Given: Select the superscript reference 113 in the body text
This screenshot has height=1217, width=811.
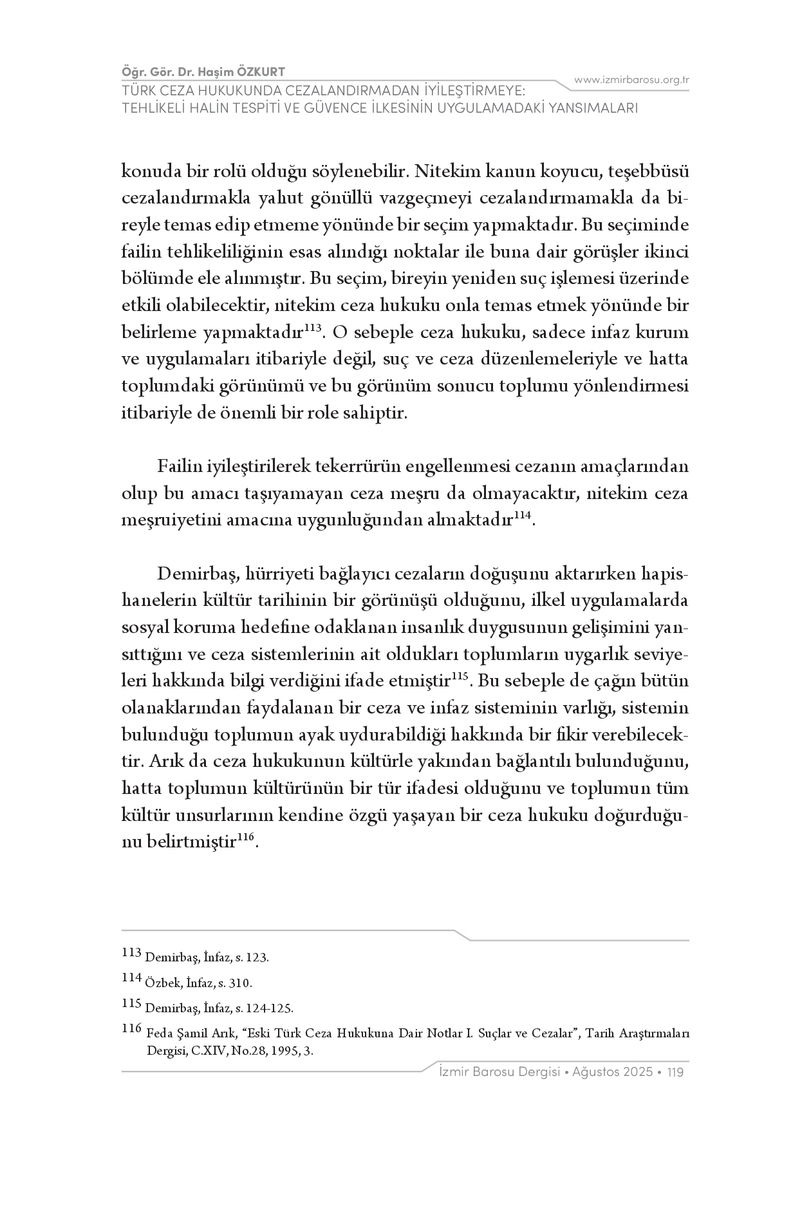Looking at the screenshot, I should tap(312, 328).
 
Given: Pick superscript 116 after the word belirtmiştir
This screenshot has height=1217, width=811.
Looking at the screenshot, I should tap(246, 836).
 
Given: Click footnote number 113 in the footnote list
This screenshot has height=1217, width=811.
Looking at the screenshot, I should tap(131, 952).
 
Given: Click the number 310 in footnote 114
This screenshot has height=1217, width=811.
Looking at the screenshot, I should tap(241, 983).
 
